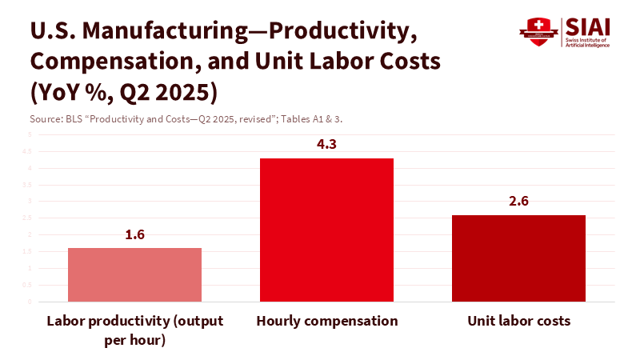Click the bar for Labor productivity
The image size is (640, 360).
(x=134, y=274)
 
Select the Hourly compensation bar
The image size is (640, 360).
(x=326, y=230)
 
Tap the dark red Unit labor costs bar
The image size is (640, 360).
(x=518, y=258)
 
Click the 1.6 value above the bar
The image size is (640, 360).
(x=134, y=235)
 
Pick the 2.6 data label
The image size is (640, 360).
(x=518, y=202)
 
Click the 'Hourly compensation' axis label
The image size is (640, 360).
(x=326, y=321)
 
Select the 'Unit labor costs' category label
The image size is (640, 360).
(x=518, y=321)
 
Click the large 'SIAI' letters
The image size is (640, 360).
(x=587, y=26)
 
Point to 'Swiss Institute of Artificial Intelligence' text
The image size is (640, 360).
(x=587, y=42)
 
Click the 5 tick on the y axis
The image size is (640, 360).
(x=30, y=135)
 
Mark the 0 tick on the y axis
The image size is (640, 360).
(x=30, y=302)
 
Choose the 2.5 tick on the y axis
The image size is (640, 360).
(x=29, y=218)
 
